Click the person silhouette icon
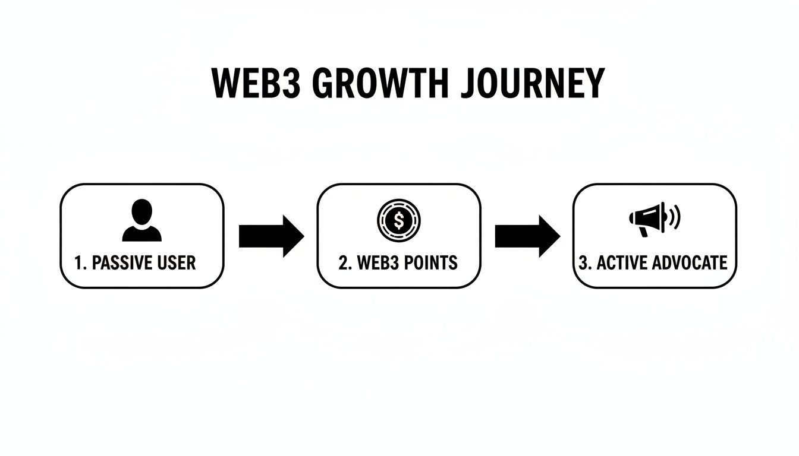tap(141, 221)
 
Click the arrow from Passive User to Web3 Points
tap(271, 236)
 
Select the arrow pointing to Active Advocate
tap(527, 236)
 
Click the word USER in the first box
tap(176, 262)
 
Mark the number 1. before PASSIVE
tap(80, 262)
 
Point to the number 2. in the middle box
tap(344, 262)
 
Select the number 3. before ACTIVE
tap(584, 262)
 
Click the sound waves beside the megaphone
tap(674, 218)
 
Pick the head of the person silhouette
tap(141, 211)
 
